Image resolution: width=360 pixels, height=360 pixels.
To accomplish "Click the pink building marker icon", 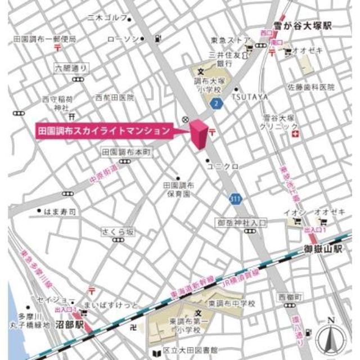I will [199, 135].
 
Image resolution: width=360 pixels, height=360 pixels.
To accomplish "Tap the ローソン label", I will [122, 39].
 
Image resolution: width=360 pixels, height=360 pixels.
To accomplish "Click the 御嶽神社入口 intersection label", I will [242, 223].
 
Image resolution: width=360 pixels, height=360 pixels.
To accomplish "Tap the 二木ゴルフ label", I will [107, 18].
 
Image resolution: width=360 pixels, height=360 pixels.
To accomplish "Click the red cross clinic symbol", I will [303, 134].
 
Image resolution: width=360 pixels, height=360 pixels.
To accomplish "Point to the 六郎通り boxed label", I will [71, 68].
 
